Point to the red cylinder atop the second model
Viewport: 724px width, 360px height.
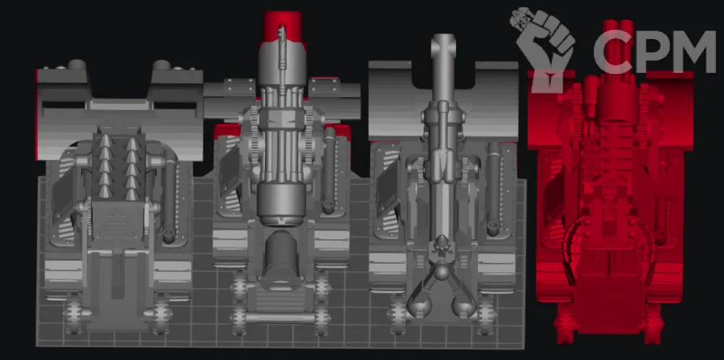pyautogui.click(x=282, y=26)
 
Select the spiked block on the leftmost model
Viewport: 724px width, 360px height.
pyautogui.click(x=119, y=167)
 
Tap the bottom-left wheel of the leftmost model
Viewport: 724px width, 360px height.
pyautogui.click(x=73, y=314)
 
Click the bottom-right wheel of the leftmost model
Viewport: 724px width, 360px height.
pyautogui.click(x=162, y=314)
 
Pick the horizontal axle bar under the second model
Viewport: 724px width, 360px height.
pyautogui.click(x=280, y=318)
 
